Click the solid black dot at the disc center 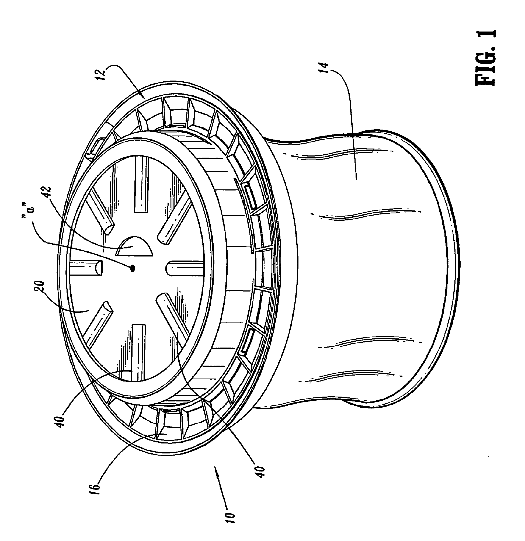pos(133,268)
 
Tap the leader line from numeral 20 pos(64,306)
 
